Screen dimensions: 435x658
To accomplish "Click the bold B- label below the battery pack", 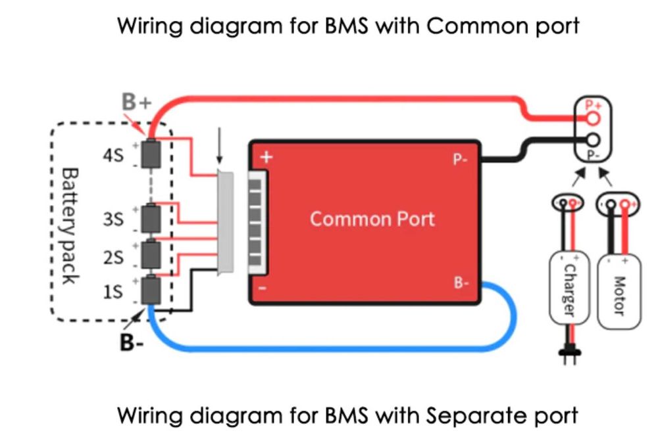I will [132, 342].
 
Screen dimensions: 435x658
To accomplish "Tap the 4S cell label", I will [112, 156].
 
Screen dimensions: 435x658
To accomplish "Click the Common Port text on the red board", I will [372, 218].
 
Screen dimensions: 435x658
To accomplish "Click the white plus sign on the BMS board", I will [266, 157].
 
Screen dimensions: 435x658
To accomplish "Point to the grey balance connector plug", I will [226, 221].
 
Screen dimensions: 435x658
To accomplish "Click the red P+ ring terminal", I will [594, 118].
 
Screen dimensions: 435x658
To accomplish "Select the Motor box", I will [619, 288].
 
